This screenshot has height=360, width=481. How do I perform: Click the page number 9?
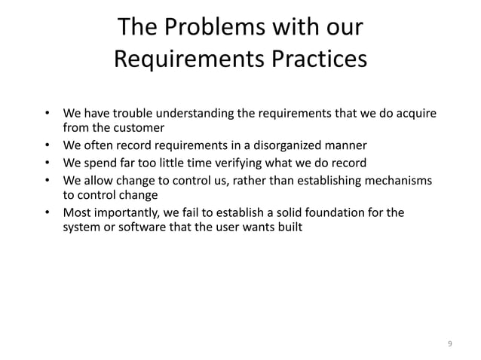(x=450, y=344)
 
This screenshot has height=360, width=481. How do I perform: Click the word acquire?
(x=416, y=114)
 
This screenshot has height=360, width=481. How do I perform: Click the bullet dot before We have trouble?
(x=47, y=114)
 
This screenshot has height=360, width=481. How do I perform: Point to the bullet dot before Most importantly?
(x=47, y=213)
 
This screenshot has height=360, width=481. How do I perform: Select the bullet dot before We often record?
(x=47, y=146)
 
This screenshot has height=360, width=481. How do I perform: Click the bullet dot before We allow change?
(x=47, y=181)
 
